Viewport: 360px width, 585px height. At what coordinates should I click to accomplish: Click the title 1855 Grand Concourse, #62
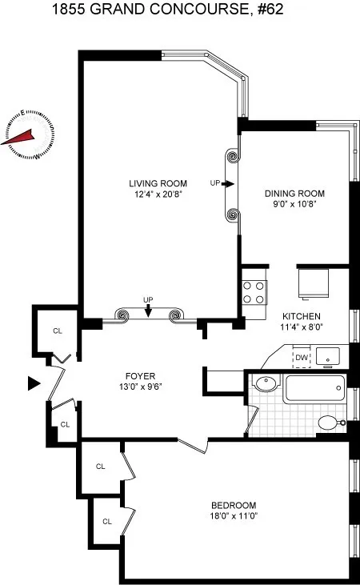point(179,10)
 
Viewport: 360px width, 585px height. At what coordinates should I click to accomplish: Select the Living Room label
point(158,183)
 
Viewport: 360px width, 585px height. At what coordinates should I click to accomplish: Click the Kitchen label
point(301,315)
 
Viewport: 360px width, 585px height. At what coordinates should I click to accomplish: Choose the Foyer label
point(139,376)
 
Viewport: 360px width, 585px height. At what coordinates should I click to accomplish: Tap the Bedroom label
point(233,505)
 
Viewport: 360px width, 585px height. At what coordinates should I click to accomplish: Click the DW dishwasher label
point(302,358)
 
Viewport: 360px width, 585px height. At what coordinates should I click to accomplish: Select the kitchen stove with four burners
point(254,291)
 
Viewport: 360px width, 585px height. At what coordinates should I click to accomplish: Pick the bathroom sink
point(266,384)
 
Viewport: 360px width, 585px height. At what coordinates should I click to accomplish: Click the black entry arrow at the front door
point(33,384)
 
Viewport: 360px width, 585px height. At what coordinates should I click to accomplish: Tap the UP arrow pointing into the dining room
point(228,183)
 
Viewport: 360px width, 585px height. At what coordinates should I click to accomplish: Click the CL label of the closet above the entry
point(57,330)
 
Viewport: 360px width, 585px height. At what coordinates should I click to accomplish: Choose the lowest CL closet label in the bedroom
point(106,522)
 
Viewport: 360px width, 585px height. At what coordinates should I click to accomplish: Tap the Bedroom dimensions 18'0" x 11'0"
point(233,516)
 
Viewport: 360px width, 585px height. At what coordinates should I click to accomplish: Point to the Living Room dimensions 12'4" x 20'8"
point(158,194)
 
